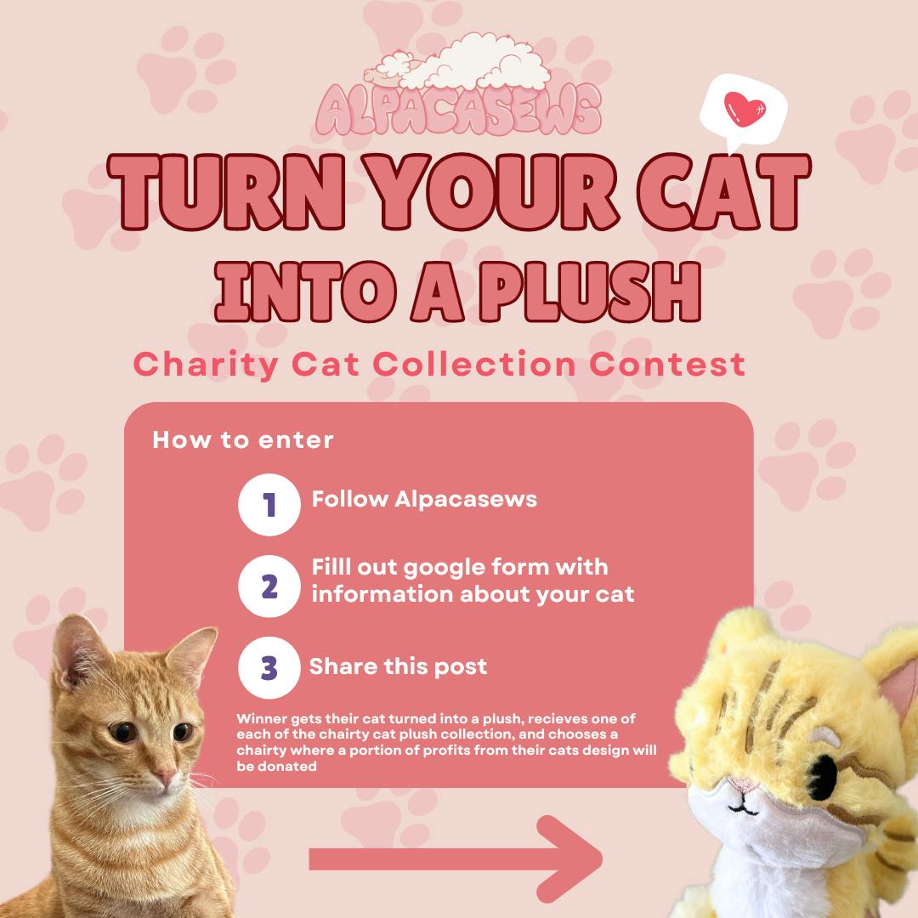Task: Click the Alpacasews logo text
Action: point(458,110)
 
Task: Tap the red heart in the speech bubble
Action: point(744,109)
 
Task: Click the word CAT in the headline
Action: point(723,192)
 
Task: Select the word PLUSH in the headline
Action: point(590,292)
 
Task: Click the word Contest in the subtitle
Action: point(667,364)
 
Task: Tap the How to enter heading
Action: point(243,440)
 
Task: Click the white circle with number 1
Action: point(269,505)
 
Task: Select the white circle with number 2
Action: point(269,586)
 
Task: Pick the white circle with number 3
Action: point(269,667)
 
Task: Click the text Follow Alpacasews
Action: point(424,500)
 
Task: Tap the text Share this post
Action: point(398,667)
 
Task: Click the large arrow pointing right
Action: point(456,858)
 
